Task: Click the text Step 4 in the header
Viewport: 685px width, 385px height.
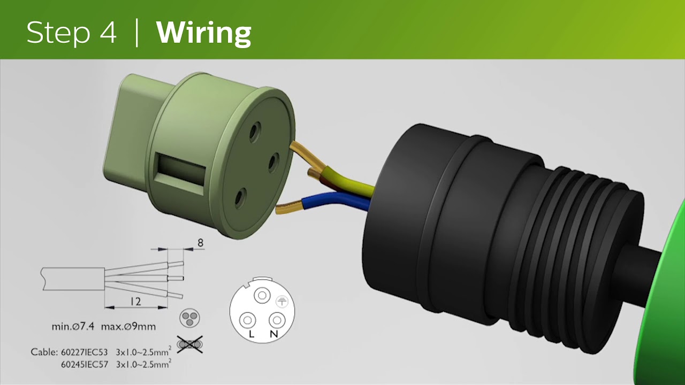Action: (x=72, y=33)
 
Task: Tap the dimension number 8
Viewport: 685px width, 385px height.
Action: (x=200, y=243)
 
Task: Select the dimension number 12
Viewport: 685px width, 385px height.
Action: (x=135, y=302)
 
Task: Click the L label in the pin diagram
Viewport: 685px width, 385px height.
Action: (x=252, y=334)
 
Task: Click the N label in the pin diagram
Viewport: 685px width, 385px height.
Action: (x=273, y=334)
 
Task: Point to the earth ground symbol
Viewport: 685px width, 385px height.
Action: (x=281, y=302)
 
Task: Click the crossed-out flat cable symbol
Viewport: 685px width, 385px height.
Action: (x=190, y=345)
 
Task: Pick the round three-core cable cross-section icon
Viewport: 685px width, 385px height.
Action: (x=189, y=318)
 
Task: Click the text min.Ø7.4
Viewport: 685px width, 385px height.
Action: (x=73, y=327)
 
